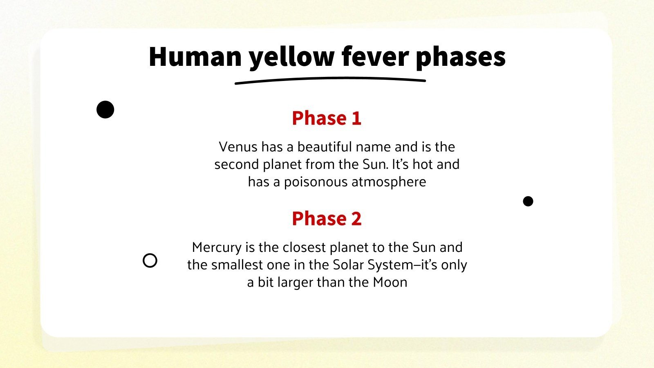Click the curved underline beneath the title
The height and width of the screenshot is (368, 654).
coord(330,80)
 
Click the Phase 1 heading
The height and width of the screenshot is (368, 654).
coord(327,118)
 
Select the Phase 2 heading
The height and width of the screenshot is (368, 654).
coord(327,218)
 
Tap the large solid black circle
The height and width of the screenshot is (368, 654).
coord(105,110)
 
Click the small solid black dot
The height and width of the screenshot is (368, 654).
coord(528,201)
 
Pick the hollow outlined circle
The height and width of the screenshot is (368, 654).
coord(150,260)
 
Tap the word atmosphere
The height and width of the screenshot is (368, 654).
coord(391,182)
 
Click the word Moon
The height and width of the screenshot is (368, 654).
coord(390,282)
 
